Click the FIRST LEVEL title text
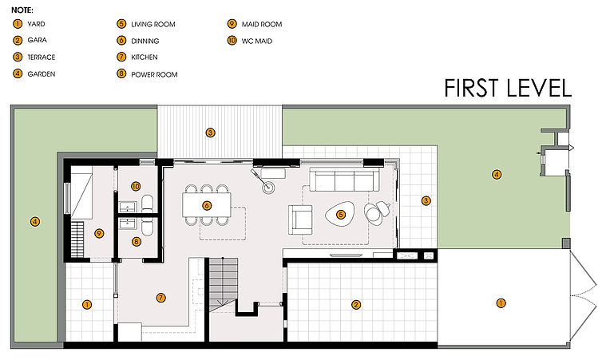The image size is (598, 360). [x=508, y=88]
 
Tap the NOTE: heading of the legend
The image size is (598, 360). [x=22, y=10]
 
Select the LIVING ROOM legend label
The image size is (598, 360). [x=153, y=25]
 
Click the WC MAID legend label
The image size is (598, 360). [x=257, y=42]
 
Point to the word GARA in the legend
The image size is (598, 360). [x=37, y=40]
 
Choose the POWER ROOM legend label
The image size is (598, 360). [x=154, y=75]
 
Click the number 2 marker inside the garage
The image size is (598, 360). [x=356, y=305]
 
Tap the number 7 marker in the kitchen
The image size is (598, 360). [x=161, y=298]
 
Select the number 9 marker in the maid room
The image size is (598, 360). [x=99, y=233]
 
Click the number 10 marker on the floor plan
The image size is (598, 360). [x=136, y=187]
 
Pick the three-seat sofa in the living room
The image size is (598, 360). [x=344, y=180]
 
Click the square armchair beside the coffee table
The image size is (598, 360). [x=300, y=220]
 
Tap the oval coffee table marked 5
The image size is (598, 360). [x=340, y=215]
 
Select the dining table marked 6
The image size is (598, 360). [x=207, y=205]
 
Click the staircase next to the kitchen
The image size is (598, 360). [x=223, y=283]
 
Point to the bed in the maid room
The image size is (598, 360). [x=81, y=192]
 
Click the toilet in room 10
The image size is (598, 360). [x=147, y=204]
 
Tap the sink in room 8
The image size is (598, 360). [x=128, y=224]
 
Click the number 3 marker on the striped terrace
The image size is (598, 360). [x=210, y=133]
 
